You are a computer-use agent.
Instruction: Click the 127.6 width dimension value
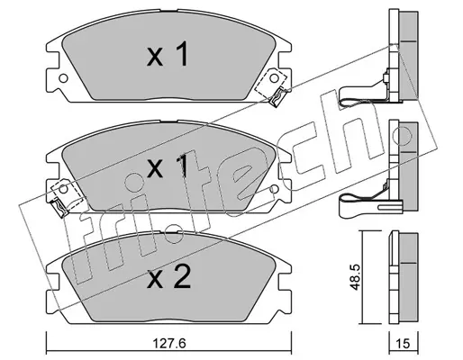click(x=168, y=343)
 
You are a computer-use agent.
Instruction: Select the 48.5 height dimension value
click(x=355, y=277)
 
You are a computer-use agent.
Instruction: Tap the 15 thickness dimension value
click(x=404, y=343)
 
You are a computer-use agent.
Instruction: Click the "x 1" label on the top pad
click(x=168, y=54)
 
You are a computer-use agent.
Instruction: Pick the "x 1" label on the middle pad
click(x=168, y=166)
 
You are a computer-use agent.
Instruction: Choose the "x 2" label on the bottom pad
click(x=168, y=277)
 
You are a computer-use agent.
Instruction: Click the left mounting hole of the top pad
click(x=63, y=78)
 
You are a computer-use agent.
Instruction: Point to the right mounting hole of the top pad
click(x=274, y=78)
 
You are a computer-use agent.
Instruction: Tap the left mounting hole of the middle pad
click(x=63, y=189)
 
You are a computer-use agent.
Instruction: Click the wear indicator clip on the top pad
click(x=277, y=97)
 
